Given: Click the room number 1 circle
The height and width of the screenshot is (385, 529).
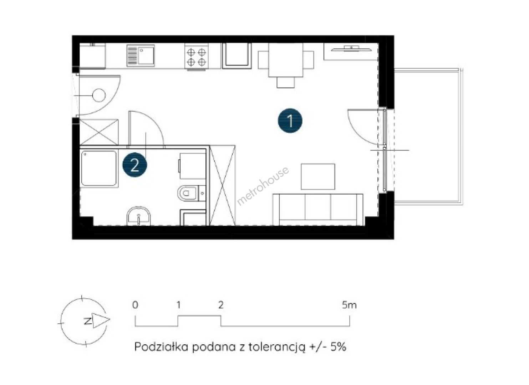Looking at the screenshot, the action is (x=290, y=120).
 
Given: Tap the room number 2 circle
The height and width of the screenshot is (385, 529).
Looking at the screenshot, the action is (x=134, y=165).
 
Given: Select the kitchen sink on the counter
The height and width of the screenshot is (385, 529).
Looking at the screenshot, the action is (x=141, y=56).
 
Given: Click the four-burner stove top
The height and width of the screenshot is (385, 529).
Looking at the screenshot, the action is (x=196, y=57).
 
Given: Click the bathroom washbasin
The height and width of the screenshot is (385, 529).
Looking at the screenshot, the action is (x=139, y=216).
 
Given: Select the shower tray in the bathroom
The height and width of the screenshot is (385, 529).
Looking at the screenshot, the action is (x=99, y=168).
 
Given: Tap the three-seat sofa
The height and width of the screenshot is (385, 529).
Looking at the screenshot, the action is (x=318, y=210).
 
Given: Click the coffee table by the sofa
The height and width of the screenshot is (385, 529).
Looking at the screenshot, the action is (x=318, y=176).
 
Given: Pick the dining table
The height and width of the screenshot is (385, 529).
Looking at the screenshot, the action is (x=286, y=60).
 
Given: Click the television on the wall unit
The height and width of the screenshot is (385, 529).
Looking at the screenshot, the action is (x=351, y=48).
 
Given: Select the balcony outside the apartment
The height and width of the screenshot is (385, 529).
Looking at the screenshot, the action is (x=428, y=137).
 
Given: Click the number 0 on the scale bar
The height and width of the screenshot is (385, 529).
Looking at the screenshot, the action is (x=135, y=305).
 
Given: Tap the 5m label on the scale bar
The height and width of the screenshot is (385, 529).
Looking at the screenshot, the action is (x=349, y=305).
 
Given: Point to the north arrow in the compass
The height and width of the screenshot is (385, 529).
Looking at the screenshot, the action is (x=101, y=320).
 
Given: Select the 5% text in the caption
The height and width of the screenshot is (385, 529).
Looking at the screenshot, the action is (x=339, y=347).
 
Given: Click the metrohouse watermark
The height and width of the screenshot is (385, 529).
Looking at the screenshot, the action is (x=263, y=186).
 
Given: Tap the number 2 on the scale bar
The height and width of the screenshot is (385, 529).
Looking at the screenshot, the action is (x=221, y=305).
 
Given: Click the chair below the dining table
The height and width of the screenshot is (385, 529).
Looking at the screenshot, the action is (x=286, y=83).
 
